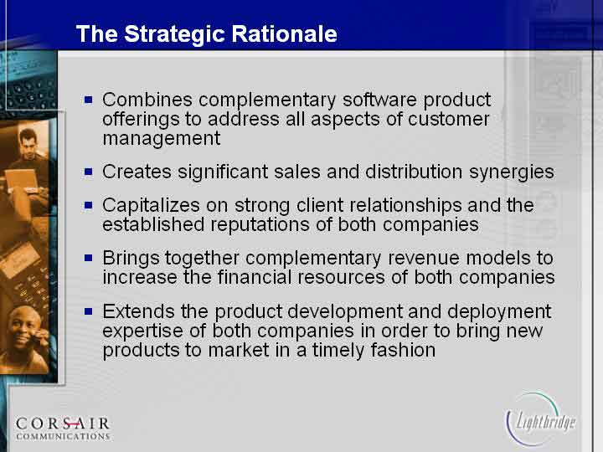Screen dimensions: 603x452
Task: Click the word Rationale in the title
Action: pyautogui.click(x=284, y=33)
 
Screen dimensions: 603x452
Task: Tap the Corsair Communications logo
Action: pyautogui.click(x=63, y=429)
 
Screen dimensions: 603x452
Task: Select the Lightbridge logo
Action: pyautogui.click(x=540, y=419)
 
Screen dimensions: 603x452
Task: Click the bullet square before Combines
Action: pyautogui.click(x=89, y=100)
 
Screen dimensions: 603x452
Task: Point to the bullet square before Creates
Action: pyautogui.click(x=89, y=172)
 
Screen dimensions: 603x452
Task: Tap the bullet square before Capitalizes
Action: pyautogui.click(x=89, y=205)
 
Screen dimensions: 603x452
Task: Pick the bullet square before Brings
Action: pyautogui.click(x=89, y=258)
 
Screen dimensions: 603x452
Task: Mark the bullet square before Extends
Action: pyautogui.click(x=89, y=311)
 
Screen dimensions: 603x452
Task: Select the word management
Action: pyautogui.click(x=162, y=139)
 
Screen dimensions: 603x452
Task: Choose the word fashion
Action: pyautogui.click(x=403, y=350)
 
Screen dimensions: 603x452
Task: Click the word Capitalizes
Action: pyautogui.click(x=151, y=206)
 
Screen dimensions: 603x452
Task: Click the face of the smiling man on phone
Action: pyautogui.click(x=23, y=328)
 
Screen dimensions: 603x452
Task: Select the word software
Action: pyautogui.click(x=379, y=100)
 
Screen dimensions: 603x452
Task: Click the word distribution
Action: pyautogui.click(x=414, y=172)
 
